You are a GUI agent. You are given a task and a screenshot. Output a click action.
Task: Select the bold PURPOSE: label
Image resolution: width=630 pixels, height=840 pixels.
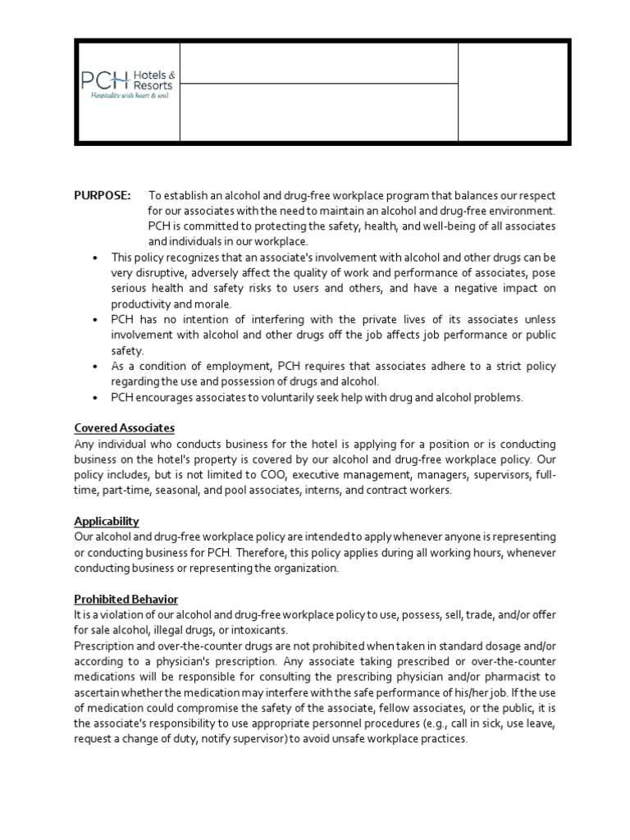click(x=103, y=195)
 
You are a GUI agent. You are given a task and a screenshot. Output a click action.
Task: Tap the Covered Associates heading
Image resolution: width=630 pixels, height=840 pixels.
click(x=124, y=428)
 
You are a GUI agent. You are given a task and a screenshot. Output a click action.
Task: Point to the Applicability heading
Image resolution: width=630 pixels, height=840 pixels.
click(x=106, y=521)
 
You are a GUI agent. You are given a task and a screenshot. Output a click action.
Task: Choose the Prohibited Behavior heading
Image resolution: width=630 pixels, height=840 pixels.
click(x=126, y=599)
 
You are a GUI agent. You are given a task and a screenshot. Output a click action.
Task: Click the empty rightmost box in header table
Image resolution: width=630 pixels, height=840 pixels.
click(x=513, y=92)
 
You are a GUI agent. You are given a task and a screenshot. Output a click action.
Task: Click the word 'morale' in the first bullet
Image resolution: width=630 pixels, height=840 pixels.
click(x=213, y=304)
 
